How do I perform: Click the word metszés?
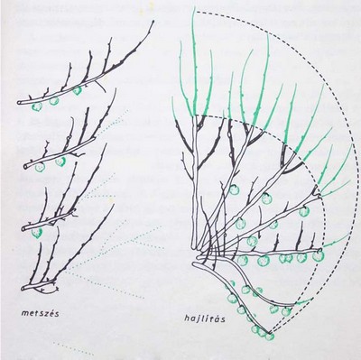pyautogui.click(x=41, y=313)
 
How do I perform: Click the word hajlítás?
pyautogui.click(x=205, y=319)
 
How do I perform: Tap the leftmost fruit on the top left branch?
pyautogui.click(x=37, y=106)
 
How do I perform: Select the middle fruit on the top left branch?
pyautogui.click(x=54, y=101)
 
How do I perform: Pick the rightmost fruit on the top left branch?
pyautogui.click(x=77, y=91)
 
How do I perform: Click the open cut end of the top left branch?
pyautogui.click(x=19, y=103)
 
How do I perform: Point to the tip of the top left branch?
pyautogui.click(x=153, y=21)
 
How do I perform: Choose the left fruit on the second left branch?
pyautogui.click(x=40, y=167)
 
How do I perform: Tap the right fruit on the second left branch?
pyautogui.click(x=60, y=162)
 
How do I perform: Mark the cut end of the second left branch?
pyautogui.click(x=26, y=166)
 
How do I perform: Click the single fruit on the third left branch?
pyautogui.click(x=37, y=233)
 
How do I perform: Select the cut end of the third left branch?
pyautogui.click(x=24, y=229)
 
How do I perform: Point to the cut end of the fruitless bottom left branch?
pyautogui.click(x=23, y=289)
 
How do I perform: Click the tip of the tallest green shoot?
pyautogui.click(x=193, y=8)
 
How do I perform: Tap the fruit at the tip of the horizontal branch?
pyautogui.click(x=319, y=256)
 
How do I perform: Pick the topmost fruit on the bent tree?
pyautogui.click(x=234, y=189)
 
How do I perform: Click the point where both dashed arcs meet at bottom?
pyautogui.click(x=271, y=333)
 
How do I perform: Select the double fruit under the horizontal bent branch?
pyautogui.click(x=285, y=259)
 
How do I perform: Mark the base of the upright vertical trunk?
pyautogui.click(x=194, y=247)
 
